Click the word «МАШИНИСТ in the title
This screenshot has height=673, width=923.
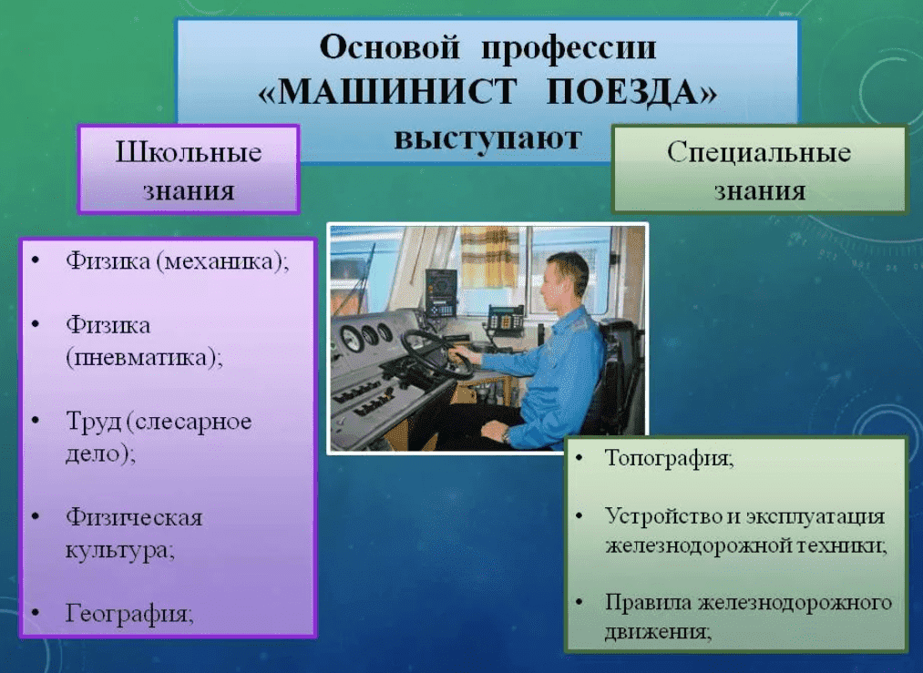click(388, 92)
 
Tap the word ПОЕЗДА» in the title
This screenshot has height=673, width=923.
click(631, 92)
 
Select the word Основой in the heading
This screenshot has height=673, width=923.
click(389, 47)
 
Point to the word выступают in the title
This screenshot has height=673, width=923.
click(488, 138)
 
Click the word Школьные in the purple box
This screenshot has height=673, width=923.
click(189, 152)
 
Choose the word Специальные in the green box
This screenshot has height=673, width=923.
click(759, 152)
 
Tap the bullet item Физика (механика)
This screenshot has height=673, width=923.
click(177, 260)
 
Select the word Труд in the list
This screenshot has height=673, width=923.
click(93, 422)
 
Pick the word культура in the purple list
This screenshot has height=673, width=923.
click(120, 551)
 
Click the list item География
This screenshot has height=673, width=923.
click(129, 614)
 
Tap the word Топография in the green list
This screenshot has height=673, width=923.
click(670, 458)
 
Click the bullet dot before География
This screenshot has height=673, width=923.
click(36, 613)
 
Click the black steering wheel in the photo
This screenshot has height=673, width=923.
click(436, 352)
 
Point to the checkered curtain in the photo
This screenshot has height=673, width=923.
click(489, 257)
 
